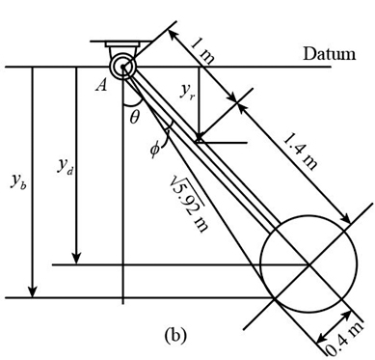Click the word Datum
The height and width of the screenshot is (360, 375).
point(330,54)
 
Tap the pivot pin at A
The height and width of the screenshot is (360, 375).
point(124,66)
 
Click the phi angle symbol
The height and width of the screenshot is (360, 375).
point(155,149)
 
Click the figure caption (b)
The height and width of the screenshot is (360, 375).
point(174,335)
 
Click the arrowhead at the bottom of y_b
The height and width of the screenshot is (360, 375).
point(33,293)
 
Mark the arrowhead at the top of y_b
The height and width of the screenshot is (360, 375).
point(33,70)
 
